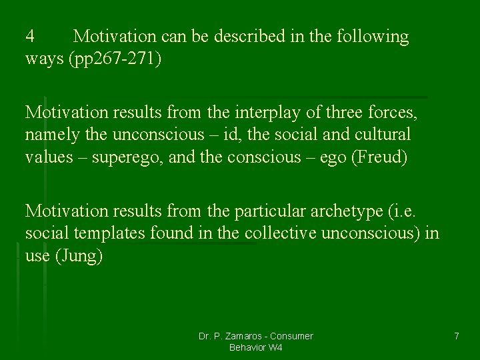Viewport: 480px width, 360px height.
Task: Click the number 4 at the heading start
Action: click(30, 36)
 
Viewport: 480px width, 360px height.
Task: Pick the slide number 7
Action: click(456, 336)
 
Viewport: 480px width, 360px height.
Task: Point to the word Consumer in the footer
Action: click(292, 336)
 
